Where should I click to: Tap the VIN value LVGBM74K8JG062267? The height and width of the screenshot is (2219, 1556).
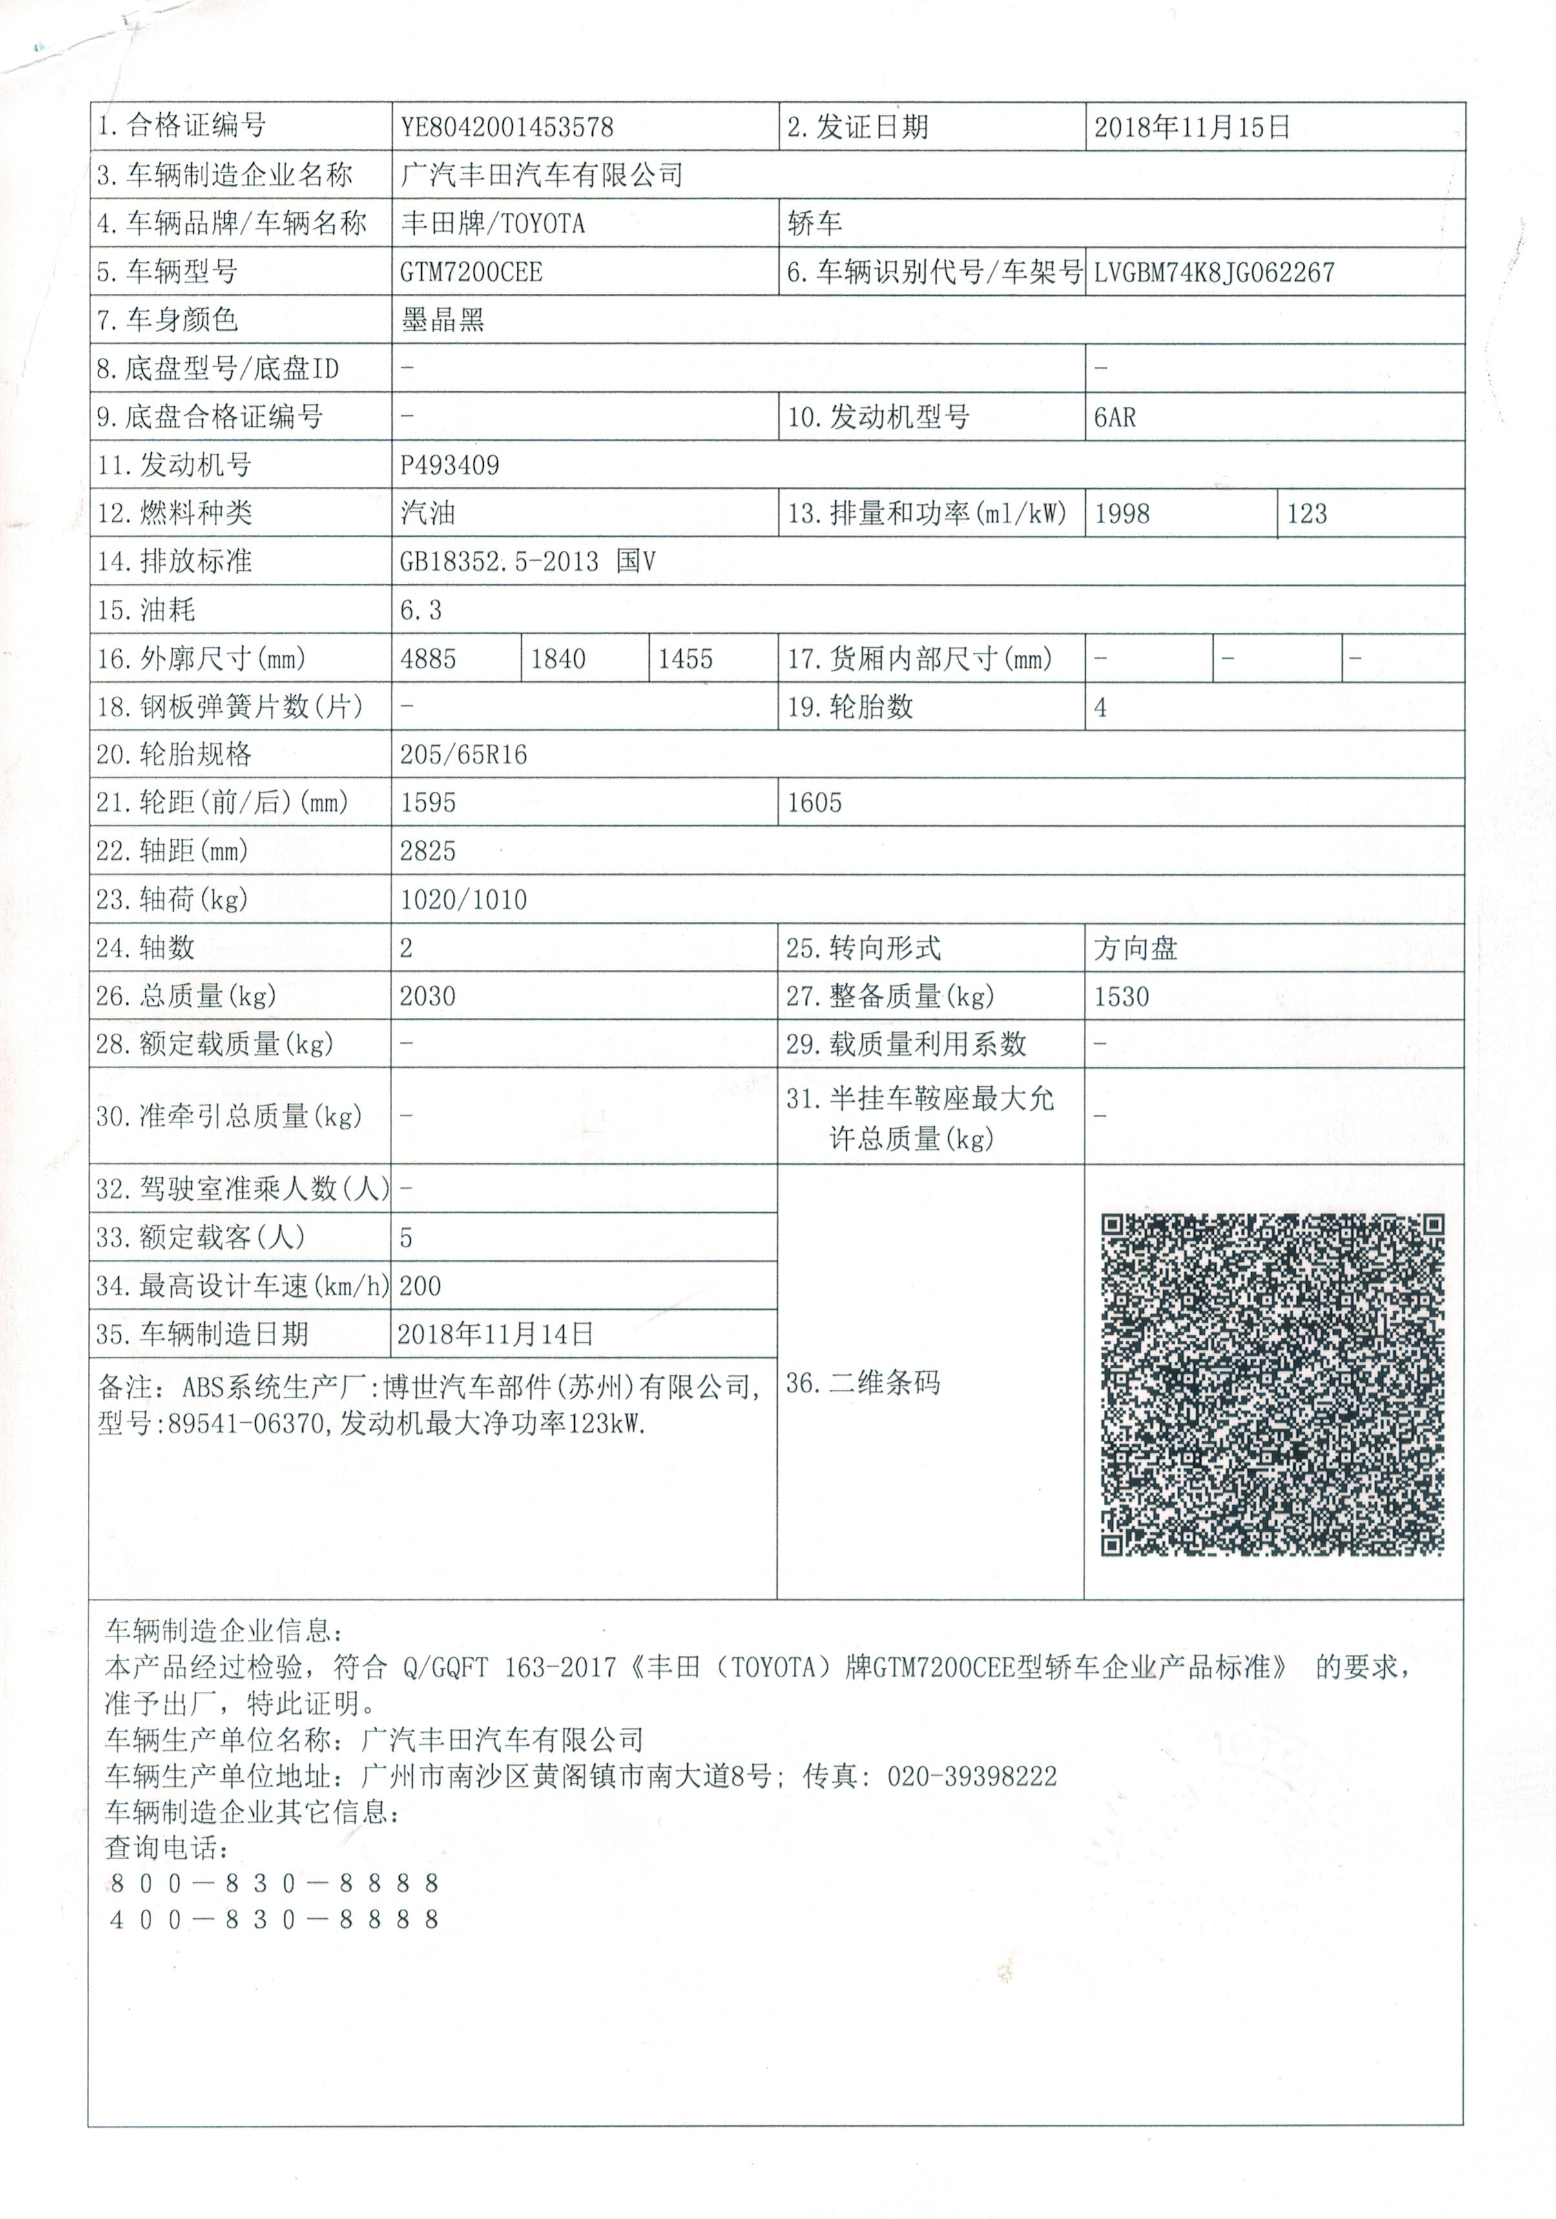[1214, 273]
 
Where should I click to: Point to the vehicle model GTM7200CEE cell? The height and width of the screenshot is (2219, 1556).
[472, 273]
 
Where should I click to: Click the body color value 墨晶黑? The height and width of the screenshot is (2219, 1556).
[442, 320]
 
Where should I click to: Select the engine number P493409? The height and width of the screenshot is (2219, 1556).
[450, 466]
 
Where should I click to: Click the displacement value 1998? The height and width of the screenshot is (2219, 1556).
[1121, 514]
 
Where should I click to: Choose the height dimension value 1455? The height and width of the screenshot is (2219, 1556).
[685, 660]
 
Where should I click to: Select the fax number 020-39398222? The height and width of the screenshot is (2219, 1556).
[971, 1777]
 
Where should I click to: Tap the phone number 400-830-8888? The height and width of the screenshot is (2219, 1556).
[275, 1919]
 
